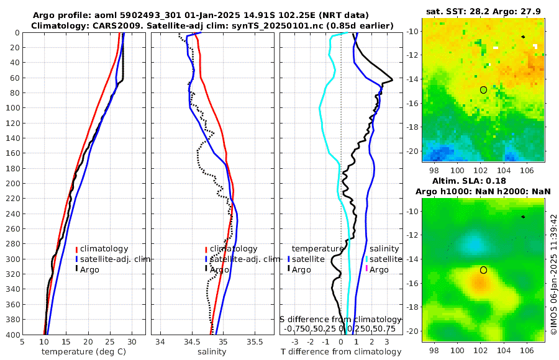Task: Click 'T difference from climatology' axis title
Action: [x=341, y=352]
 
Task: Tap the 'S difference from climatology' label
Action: [x=341, y=319]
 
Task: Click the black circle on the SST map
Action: [x=483, y=90]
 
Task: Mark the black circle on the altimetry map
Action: [x=483, y=270]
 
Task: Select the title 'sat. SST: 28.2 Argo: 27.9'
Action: [x=484, y=12]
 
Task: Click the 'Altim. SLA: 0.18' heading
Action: [x=484, y=181]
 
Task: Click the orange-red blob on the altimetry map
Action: [x=478, y=284]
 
